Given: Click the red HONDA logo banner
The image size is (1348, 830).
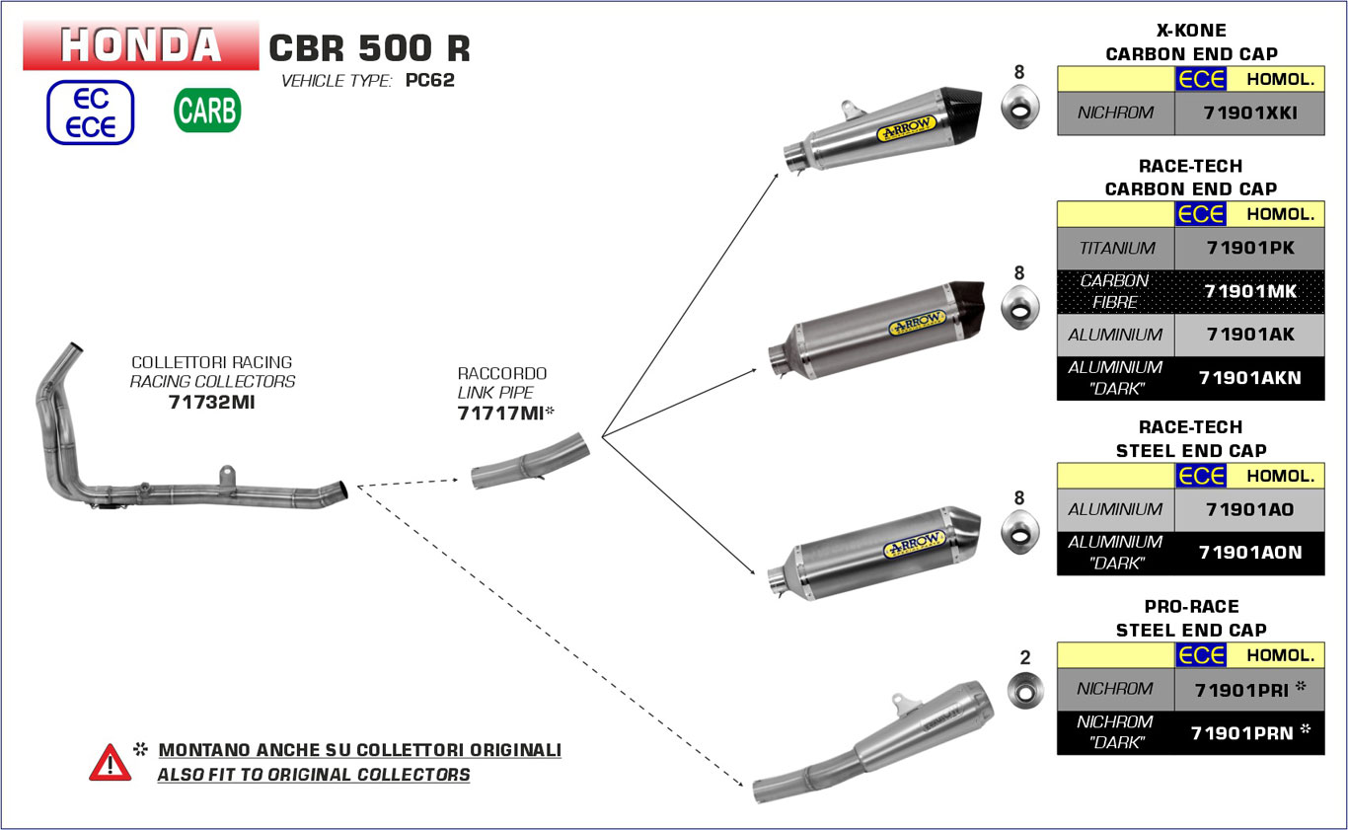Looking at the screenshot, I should (141, 45).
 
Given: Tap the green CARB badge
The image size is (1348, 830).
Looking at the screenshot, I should (207, 111).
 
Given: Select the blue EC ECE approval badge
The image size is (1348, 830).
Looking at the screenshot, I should (90, 113).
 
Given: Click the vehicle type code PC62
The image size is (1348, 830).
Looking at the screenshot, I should (430, 81).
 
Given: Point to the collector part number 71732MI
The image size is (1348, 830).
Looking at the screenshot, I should (211, 402).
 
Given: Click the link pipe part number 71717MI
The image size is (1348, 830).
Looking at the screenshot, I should (500, 414).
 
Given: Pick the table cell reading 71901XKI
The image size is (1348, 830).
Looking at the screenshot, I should (1249, 113).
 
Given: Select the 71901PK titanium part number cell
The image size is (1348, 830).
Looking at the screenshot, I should (1249, 249).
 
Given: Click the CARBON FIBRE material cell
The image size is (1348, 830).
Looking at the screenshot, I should (1115, 291).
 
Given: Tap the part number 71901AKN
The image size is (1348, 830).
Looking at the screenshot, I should (1249, 378).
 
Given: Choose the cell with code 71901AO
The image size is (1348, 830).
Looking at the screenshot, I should (1249, 509).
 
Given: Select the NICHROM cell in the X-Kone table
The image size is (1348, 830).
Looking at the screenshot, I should (1115, 113).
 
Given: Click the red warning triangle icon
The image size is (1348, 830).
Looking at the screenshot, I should (110, 763).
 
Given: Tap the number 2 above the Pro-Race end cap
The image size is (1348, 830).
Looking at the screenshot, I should (1024, 657).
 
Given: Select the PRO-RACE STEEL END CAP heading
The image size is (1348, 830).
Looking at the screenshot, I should (1191, 618).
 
